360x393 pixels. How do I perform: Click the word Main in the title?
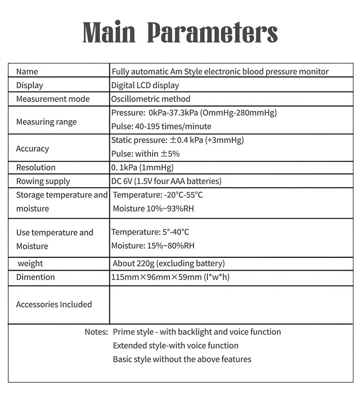tap(109, 33)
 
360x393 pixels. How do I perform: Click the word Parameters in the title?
tap(213, 33)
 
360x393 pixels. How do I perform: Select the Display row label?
tap(30, 85)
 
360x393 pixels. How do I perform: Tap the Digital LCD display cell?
tap(145, 85)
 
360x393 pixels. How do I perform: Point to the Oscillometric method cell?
tap(151, 99)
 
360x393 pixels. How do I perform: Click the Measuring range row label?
tap(46, 122)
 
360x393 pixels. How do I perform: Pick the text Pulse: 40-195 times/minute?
tap(161, 126)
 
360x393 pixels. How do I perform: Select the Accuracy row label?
tap(32, 148)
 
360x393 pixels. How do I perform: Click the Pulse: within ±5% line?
tap(145, 153)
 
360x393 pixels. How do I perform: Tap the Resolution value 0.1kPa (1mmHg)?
tap(142, 167)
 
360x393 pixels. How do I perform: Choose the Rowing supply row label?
tap(43, 181)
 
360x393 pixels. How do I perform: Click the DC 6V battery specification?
tap(166, 181)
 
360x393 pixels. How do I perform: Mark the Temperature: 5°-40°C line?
tap(150, 232)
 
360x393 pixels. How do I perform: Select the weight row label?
tap(31, 263)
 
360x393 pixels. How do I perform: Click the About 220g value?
tap(169, 263)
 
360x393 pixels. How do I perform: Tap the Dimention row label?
tap(36, 277)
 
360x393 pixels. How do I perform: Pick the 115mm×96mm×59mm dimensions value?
tap(170, 277)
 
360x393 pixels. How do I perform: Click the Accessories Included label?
tap(54, 304)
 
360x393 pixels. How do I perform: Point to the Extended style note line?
tap(175, 345)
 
